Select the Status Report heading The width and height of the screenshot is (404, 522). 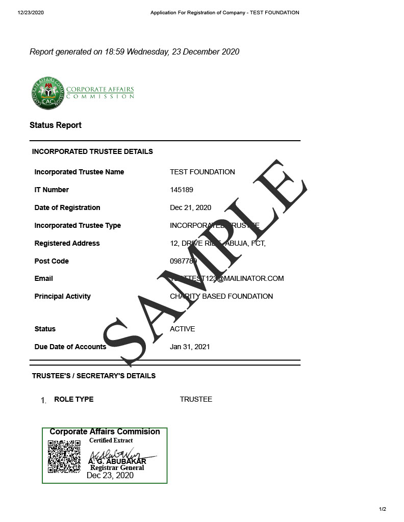pyautogui.click(x=56, y=125)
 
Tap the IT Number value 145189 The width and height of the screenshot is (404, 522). pyautogui.click(x=182, y=190)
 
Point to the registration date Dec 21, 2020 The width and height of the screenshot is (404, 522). pyautogui.click(x=190, y=207)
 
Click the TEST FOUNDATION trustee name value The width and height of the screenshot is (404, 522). pyautogui.click(x=203, y=172)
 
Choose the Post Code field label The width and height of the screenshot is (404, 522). pyautogui.click(x=52, y=261)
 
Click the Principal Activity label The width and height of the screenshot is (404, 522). pyautogui.click(x=62, y=296)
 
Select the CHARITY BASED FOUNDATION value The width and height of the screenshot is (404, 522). pyautogui.click(x=221, y=296)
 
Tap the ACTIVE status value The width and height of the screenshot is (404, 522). pyautogui.click(x=182, y=329)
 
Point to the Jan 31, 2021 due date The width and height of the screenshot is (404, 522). pyautogui.click(x=190, y=347)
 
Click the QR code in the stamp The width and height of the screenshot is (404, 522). pyautogui.click(x=64, y=457)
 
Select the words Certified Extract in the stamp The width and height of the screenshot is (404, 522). pyautogui.click(x=111, y=440)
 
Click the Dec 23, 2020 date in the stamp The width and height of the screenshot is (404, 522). pyautogui.click(x=110, y=476)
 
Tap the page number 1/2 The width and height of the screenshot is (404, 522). pyautogui.click(x=383, y=509)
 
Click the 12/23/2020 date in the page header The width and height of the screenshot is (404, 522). pyautogui.click(x=31, y=13)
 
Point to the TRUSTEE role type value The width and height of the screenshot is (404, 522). pyautogui.click(x=196, y=399)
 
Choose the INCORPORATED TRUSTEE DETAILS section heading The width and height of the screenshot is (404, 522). pyautogui.click(x=92, y=151)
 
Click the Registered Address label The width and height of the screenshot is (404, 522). pyautogui.click(x=67, y=243)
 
